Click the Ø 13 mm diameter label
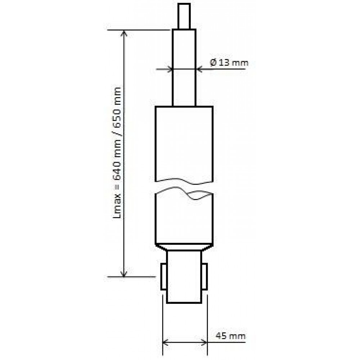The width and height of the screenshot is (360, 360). [229, 62]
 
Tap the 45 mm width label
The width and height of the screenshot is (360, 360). [231, 336]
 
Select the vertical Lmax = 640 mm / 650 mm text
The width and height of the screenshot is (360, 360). [117, 153]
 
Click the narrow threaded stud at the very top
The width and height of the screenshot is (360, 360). [184, 16]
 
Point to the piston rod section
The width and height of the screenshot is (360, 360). [184, 68]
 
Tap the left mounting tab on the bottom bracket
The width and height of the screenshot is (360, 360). [164, 276]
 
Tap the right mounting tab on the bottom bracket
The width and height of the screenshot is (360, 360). [205, 276]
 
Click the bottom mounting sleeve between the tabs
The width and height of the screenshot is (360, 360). [184, 276]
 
